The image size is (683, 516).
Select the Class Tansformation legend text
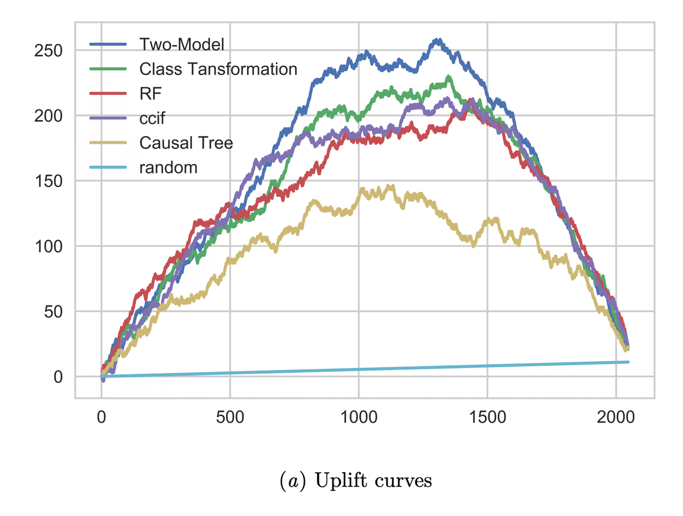click(218, 69)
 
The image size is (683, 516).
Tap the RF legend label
click(150, 93)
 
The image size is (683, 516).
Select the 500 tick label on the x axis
click(230, 417)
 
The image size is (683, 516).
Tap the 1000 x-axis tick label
click(359, 417)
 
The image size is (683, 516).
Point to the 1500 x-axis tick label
click(487, 417)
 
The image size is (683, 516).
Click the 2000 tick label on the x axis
click(616, 417)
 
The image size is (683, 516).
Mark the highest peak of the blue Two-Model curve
click(437, 40)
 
